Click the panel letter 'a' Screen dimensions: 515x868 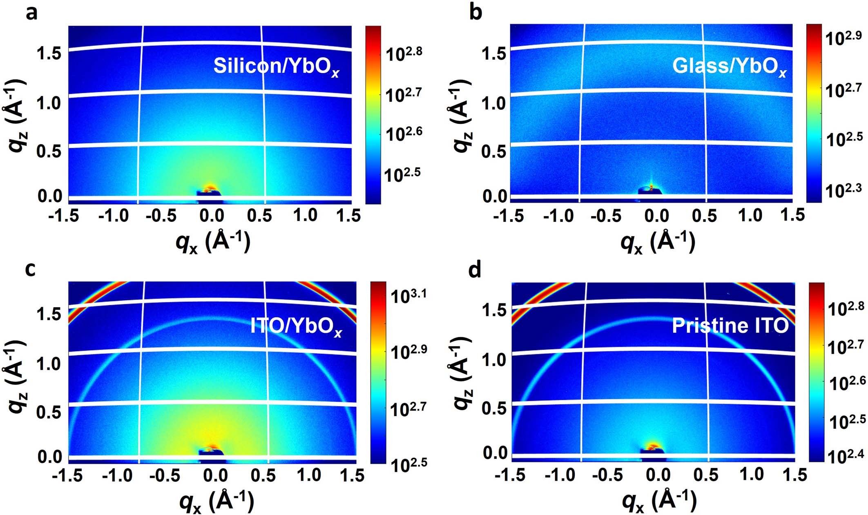pyautogui.click(x=31, y=13)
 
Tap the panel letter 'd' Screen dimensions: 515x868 pyautogui.click(x=475, y=270)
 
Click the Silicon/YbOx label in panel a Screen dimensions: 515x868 pyautogui.click(x=276, y=66)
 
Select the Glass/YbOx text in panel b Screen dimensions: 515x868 pyautogui.click(x=729, y=66)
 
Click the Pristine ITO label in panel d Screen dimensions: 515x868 pyautogui.click(x=730, y=325)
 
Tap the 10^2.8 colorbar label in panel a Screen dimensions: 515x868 pyautogui.click(x=404, y=53)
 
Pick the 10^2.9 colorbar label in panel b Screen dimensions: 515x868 pyautogui.click(x=843, y=38)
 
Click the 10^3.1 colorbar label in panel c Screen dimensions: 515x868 pyautogui.click(x=408, y=295)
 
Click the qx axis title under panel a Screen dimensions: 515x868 pyautogui.click(x=212, y=242)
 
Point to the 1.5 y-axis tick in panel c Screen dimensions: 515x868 pyautogui.click(x=49, y=314)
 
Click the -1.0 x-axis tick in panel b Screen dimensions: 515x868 pyautogui.click(x=558, y=216)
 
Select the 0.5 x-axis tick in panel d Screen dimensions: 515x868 pyautogui.click(x=705, y=475)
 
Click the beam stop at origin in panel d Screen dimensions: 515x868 pyautogui.click(x=652, y=449)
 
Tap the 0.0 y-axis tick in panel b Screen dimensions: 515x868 pyautogui.click(x=494, y=196)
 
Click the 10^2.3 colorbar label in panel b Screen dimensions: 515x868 pyautogui.click(x=843, y=190)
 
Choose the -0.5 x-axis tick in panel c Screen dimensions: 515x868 pyautogui.click(x=163, y=476)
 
